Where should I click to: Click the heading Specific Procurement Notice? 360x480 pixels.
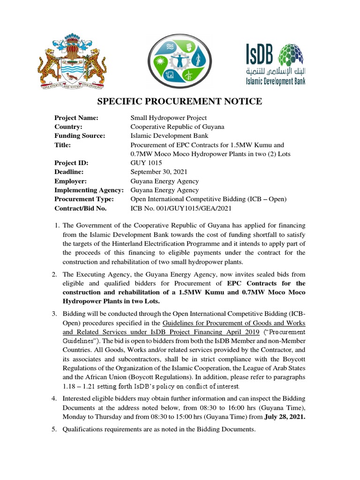pyautogui.click(x=180, y=102)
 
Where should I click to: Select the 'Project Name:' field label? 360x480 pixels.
pyautogui.click(x=76, y=118)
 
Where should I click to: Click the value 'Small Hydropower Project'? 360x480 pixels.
pyautogui.click(x=168, y=118)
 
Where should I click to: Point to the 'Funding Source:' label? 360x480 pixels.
pyautogui.click(x=80, y=135)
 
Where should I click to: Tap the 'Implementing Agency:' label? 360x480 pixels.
pyautogui.click(x=89, y=190)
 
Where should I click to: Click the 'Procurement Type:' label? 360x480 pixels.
pyautogui.click(x=84, y=199)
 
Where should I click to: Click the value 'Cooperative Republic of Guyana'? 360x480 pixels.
pyautogui.click(x=177, y=127)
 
